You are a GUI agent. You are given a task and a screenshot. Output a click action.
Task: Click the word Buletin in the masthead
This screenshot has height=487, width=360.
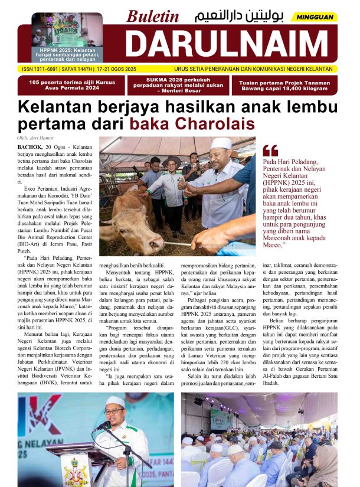tap(152, 17)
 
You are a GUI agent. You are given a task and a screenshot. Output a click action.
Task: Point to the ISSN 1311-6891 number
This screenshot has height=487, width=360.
tap(42, 68)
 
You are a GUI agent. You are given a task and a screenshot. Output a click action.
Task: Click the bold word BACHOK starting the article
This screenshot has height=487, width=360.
tap(30, 146)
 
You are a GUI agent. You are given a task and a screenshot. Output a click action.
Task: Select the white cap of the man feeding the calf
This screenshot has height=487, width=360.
tap(222, 143)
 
